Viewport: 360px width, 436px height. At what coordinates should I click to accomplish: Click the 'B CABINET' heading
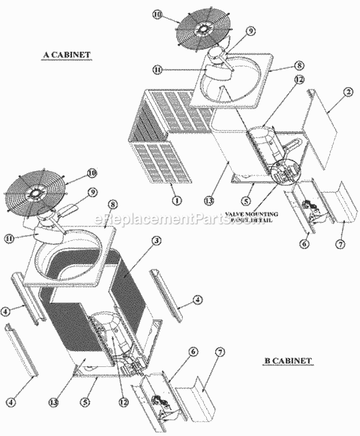(288, 361)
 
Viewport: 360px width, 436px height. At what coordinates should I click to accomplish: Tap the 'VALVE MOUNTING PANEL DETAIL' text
(252, 217)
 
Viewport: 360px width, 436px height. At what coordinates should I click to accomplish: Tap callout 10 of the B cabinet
(91, 172)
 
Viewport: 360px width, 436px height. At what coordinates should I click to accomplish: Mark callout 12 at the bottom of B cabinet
(123, 401)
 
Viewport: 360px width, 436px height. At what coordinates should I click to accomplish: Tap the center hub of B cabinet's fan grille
(37, 193)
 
